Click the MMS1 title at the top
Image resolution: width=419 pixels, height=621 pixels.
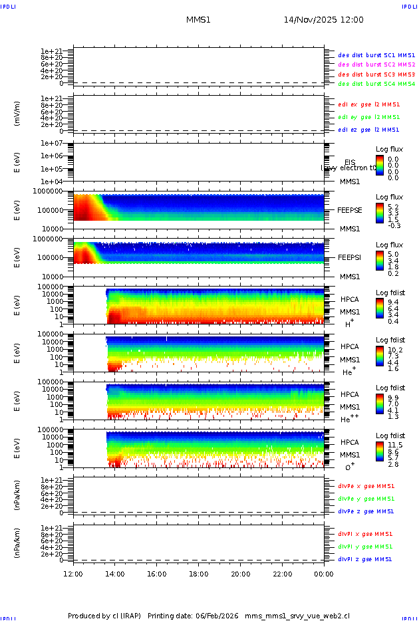198,20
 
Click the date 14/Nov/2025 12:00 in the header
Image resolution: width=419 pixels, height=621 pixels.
323,20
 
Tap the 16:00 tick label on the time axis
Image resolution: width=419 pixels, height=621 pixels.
157,574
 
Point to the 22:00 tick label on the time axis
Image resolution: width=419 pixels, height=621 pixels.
282,574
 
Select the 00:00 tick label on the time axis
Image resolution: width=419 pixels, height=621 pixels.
324,574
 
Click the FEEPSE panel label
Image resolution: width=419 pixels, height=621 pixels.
349,210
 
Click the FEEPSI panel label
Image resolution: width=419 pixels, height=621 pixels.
349,257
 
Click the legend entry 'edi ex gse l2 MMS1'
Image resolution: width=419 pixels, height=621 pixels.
369,104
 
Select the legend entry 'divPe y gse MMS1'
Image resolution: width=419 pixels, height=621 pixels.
366,499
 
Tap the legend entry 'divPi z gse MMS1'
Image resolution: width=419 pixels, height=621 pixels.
365,559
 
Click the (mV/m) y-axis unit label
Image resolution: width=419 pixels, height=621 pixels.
17,114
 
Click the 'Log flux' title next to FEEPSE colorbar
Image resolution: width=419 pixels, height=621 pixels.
389,197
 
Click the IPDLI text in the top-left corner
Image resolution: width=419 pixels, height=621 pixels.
9,6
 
